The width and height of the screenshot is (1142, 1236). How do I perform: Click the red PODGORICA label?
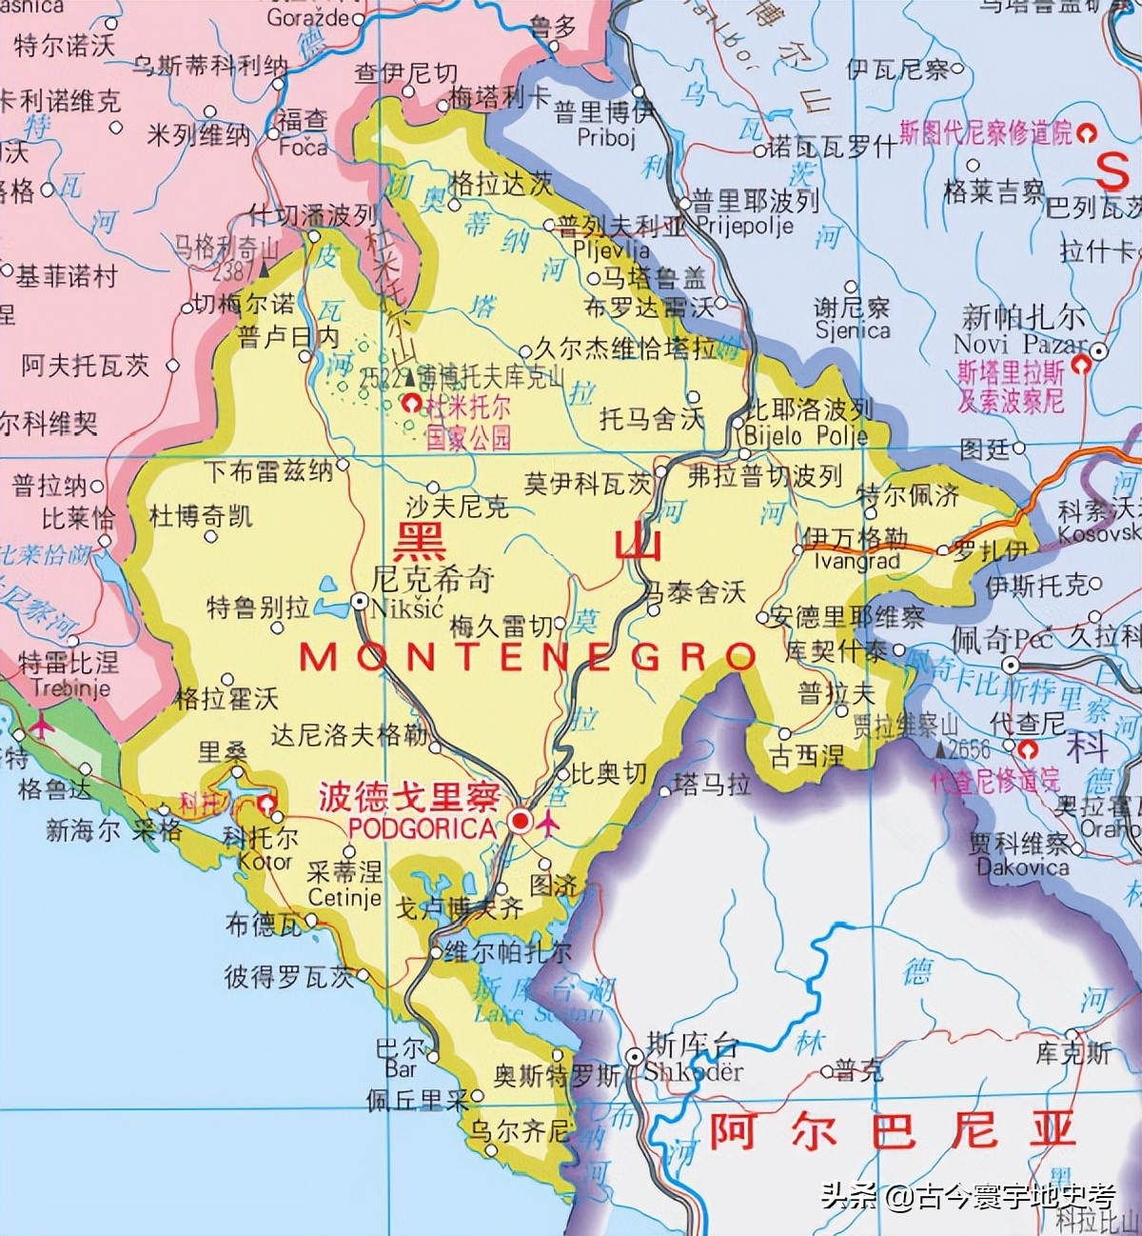tap(423, 827)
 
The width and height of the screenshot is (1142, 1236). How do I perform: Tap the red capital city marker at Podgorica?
tap(520, 821)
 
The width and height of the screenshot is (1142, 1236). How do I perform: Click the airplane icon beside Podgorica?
tap(549, 825)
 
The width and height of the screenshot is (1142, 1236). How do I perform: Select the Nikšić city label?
tap(407, 607)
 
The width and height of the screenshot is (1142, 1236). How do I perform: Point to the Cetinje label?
tap(345, 897)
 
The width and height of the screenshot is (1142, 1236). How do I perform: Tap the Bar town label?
tap(401, 1068)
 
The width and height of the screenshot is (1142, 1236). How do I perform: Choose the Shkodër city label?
tap(694, 1070)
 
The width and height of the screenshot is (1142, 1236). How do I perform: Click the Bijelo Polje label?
tap(806, 436)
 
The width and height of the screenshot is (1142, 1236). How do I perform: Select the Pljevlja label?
tap(611, 249)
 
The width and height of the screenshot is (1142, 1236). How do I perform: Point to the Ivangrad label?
tap(856, 561)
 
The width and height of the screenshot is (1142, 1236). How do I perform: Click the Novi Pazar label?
tap(1019, 344)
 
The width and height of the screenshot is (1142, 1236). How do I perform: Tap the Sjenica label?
tap(852, 329)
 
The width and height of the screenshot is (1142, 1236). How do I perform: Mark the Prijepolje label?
tap(744, 226)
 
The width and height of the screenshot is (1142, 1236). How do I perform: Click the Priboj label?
tap(605, 137)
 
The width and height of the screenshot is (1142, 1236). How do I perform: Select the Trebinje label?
tap(70, 688)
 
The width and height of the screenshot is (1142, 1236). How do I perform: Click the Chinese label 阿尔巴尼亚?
tap(892, 1129)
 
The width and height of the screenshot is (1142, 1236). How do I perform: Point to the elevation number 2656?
tap(969, 748)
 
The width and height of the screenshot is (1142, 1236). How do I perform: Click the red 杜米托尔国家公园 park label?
tap(468, 422)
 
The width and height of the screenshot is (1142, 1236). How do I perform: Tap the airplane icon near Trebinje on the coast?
tap(41, 727)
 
